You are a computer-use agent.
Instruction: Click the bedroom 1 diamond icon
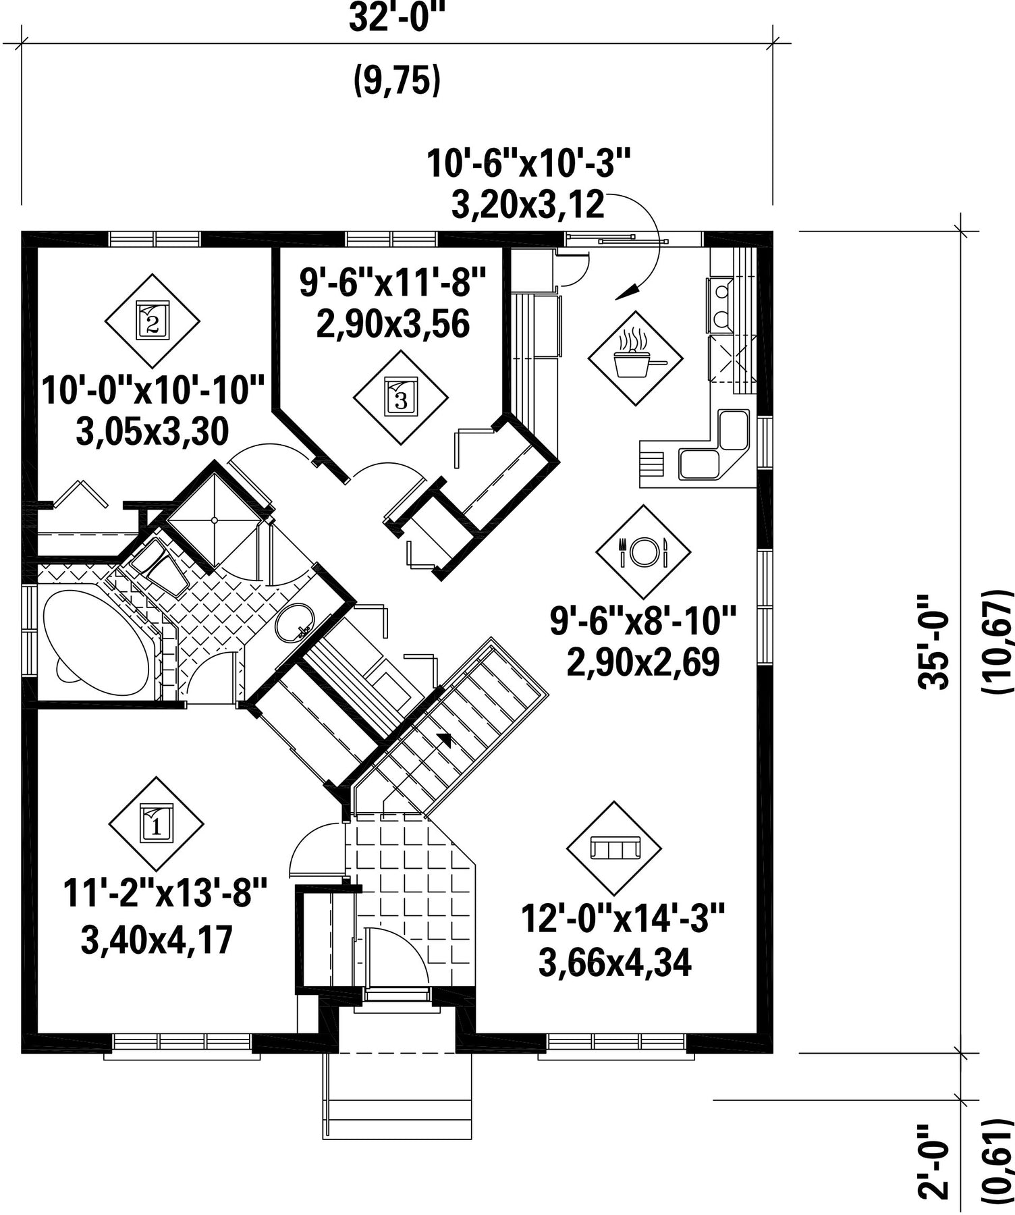click(x=156, y=824)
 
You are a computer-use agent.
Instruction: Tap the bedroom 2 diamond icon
click(x=153, y=321)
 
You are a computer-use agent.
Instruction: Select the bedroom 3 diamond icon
click(x=401, y=397)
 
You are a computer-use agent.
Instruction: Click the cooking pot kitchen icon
click(x=635, y=358)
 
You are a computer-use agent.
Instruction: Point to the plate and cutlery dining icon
click(x=642, y=551)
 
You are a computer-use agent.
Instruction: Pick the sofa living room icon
click(x=613, y=848)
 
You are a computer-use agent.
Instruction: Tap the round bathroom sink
click(x=295, y=622)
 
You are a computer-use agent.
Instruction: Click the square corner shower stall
click(x=214, y=520)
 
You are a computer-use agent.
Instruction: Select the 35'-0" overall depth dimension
click(x=933, y=641)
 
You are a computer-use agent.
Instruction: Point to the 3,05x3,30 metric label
click(x=153, y=432)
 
